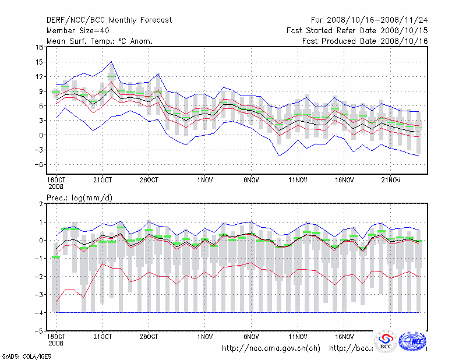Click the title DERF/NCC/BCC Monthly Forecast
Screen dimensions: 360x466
pos(109,20)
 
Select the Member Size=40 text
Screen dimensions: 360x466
pos(79,30)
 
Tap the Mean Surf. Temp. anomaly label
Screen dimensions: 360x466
pos(99,41)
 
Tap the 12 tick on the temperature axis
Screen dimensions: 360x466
pos(39,76)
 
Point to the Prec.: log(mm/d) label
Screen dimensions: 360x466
pos(80,198)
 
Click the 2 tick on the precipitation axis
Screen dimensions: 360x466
pos(41,204)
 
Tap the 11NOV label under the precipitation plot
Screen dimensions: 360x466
pos(298,336)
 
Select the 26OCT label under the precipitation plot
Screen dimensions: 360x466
pos(149,336)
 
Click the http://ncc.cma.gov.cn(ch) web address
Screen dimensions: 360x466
pos(271,348)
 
